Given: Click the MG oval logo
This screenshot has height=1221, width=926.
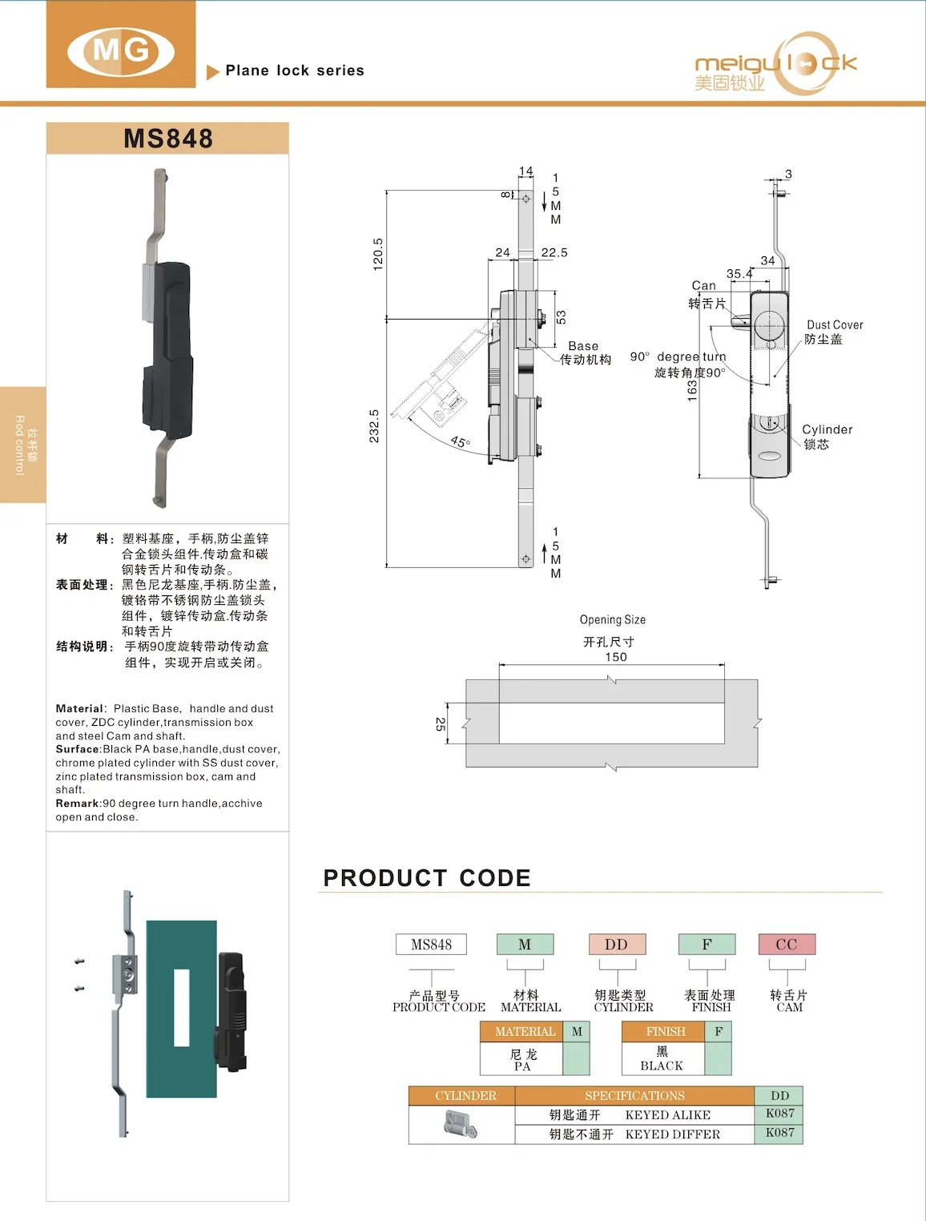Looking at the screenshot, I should click(x=121, y=51).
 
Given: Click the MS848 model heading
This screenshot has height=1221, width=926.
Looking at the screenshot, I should click(x=168, y=139).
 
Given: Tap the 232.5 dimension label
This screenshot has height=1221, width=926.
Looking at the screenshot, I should click(x=374, y=425).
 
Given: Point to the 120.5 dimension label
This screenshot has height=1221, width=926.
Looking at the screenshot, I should click(x=378, y=254).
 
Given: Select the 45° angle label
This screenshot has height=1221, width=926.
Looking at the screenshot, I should click(x=461, y=441).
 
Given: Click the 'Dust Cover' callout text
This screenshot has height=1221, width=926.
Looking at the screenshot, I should click(x=835, y=324).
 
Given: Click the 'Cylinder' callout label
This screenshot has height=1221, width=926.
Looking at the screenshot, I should click(x=827, y=429).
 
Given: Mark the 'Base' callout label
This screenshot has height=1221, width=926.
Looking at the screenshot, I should click(x=583, y=346).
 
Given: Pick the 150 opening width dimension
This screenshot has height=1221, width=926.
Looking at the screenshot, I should click(x=615, y=657).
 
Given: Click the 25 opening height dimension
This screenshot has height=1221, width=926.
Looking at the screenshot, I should click(x=441, y=723).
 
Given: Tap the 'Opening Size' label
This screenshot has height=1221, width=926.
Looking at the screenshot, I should click(x=612, y=619).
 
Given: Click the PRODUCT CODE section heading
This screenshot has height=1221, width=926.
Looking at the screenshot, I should click(x=427, y=878).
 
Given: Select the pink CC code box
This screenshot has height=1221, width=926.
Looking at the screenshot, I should click(x=787, y=945).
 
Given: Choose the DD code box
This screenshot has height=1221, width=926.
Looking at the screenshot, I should click(x=616, y=945).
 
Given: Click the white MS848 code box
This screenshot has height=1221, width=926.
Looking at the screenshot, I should click(x=431, y=945).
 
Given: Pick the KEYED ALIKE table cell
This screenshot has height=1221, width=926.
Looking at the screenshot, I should click(x=667, y=1115).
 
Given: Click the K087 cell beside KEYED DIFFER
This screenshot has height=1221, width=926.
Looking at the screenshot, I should click(x=779, y=1133).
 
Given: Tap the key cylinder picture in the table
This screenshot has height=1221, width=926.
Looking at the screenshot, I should click(x=461, y=1125).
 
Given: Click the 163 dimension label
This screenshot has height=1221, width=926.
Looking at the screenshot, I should click(x=692, y=390).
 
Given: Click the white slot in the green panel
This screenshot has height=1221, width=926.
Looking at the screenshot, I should click(x=182, y=1008).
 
